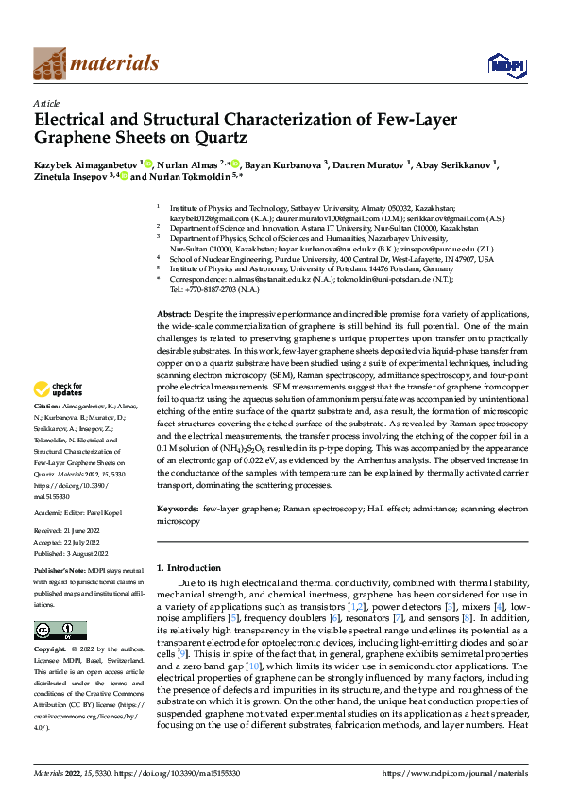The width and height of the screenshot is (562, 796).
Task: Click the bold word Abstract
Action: tap(173, 286)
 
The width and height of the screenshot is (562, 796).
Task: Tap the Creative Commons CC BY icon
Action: tap(60, 630)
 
